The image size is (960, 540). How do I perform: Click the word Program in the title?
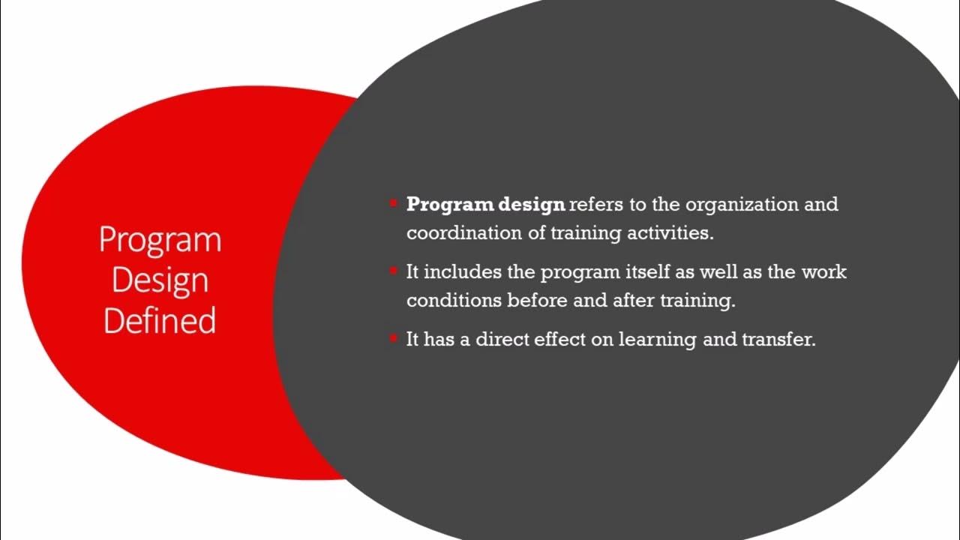point(160,240)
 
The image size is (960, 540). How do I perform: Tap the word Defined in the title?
point(160,320)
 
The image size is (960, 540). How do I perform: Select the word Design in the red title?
point(160,280)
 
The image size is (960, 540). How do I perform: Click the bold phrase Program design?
point(485,205)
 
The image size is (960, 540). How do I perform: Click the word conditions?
point(454,301)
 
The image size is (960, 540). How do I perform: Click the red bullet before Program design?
point(393,203)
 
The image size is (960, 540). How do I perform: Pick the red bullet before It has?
point(393,338)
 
